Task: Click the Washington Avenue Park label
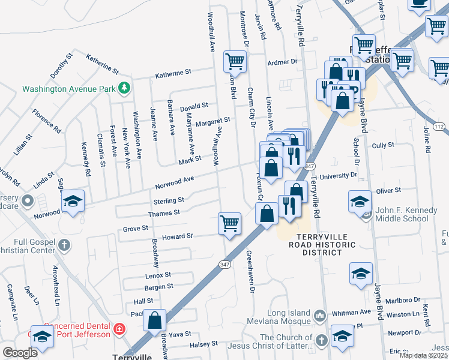[x=68, y=89]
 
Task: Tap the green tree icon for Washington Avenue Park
[x=124, y=89]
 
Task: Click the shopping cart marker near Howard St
[x=230, y=223]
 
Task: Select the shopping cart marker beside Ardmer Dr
[x=235, y=61]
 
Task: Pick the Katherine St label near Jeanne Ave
[x=173, y=73]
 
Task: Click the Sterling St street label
[x=168, y=200]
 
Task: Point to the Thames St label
[x=164, y=213]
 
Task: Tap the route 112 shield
[x=441, y=127]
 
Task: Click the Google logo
[x=20, y=353]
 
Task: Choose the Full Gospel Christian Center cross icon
[x=64, y=245]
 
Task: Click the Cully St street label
[x=383, y=145]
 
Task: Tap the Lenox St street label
[x=158, y=275]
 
